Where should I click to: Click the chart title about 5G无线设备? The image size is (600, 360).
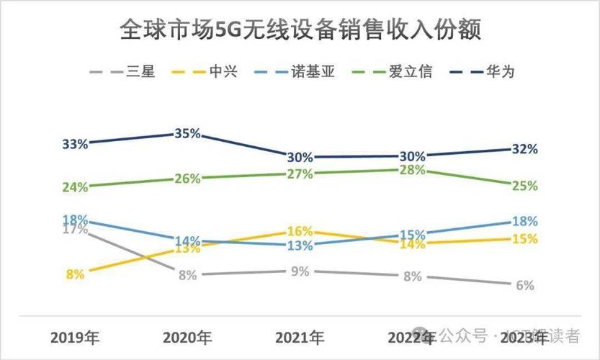point(300,31)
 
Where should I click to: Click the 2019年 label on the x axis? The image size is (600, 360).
point(75,336)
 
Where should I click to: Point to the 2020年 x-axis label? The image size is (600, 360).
point(187,336)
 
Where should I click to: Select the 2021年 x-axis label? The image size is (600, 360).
point(300,336)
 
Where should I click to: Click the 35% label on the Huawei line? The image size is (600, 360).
point(187,134)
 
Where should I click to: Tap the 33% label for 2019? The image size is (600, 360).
point(75,144)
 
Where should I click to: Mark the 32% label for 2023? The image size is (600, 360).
point(524,149)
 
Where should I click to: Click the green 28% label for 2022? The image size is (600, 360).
point(412,170)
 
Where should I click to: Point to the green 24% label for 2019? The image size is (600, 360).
point(75,187)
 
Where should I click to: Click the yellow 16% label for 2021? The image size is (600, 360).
point(300,231)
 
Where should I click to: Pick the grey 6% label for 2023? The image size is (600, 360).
point(524,285)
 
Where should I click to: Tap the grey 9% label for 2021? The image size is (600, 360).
point(300,271)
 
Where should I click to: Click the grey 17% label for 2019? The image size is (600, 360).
point(75,230)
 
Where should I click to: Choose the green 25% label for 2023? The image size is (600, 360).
point(524,186)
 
